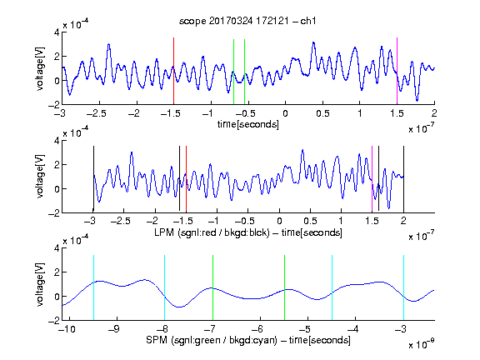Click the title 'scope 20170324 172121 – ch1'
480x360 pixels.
247,21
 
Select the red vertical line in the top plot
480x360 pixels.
173,71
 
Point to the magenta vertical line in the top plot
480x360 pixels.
397,71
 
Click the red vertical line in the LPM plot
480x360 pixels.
186,179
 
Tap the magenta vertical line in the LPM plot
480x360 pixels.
372,179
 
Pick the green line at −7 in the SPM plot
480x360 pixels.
212,287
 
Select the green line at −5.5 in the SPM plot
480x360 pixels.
284,287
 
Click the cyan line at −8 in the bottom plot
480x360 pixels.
165,287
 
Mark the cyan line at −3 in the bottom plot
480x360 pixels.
403,287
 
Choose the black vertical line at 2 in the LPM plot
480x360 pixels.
403,179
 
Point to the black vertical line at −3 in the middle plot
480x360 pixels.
93,179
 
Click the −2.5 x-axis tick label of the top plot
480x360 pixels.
96,113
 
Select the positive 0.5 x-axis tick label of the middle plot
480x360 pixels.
310,221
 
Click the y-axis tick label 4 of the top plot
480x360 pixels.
57,32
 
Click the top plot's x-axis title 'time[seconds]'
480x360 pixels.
248,124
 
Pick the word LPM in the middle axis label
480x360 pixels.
164,232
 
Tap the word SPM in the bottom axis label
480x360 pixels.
156,340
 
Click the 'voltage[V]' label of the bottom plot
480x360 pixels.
40,284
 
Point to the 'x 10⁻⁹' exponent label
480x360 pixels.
421,344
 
